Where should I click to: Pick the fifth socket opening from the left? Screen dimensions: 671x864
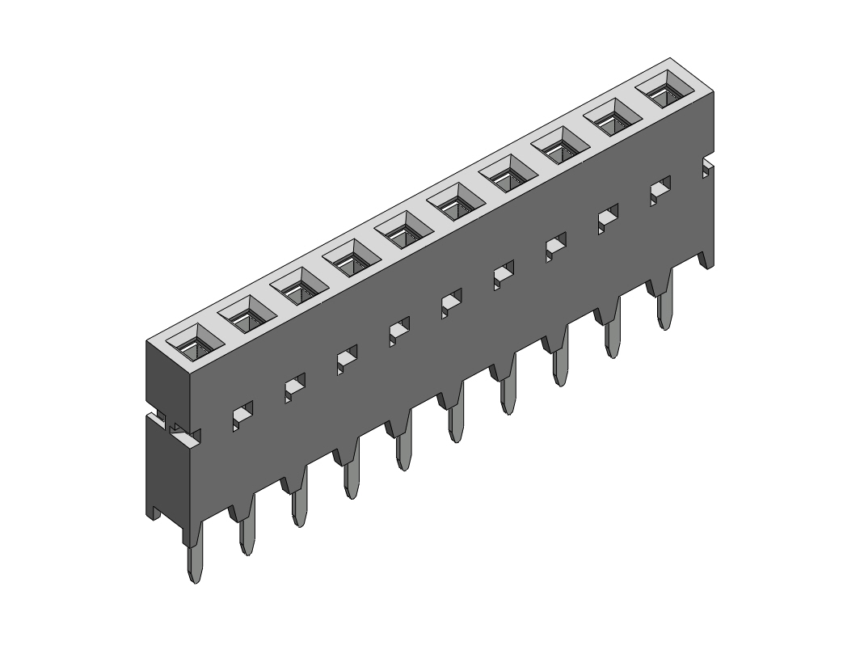[405, 230]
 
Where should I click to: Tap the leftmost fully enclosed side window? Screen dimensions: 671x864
[242, 415]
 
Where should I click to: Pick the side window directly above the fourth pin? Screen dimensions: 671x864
[347, 358]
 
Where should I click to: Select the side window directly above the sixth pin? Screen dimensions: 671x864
[451, 302]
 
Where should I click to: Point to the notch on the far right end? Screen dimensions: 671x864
[708, 167]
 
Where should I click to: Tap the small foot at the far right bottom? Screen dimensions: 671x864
[706, 259]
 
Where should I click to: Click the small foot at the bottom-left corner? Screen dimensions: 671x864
[154, 512]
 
